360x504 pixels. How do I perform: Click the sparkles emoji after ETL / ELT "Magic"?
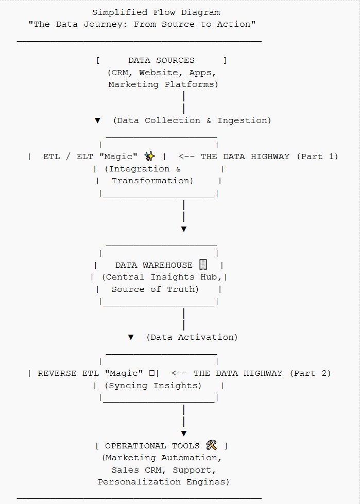(150, 156)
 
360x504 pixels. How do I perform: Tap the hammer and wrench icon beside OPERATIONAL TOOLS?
(212, 445)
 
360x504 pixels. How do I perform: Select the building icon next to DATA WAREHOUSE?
(203, 265)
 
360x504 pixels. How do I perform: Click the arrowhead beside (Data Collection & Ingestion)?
(97, 120)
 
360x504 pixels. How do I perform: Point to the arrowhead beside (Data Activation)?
(131, 337)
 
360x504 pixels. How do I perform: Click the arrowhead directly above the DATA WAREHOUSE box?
(183, 229)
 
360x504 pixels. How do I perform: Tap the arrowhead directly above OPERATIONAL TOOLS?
(183, 433)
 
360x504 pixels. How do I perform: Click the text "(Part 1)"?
(317, 157)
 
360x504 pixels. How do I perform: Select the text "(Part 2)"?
(310, 373)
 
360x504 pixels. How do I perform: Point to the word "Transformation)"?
(152, 181)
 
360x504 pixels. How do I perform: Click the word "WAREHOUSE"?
(167, 265)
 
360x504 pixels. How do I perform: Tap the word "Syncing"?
(128, 386)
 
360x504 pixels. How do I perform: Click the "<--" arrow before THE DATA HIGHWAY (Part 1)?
(186, 157)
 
